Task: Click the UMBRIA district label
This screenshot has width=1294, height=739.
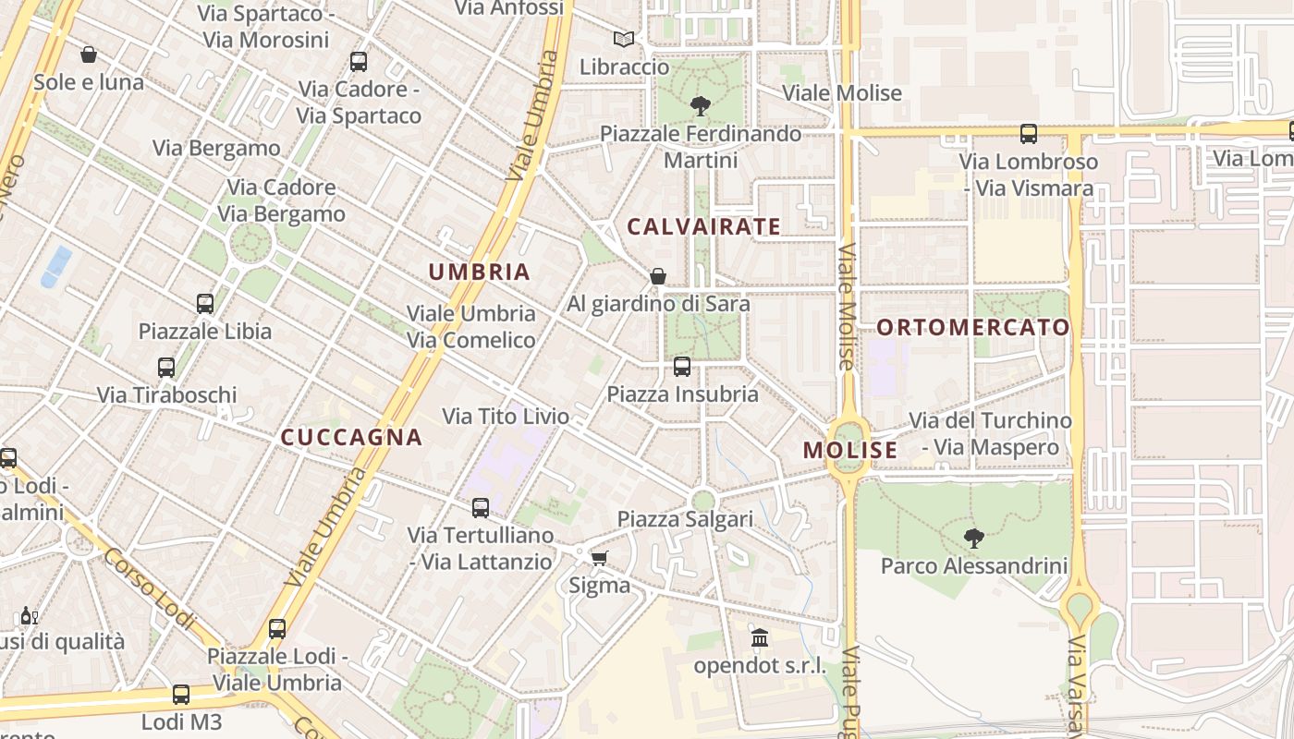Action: coord(479,272)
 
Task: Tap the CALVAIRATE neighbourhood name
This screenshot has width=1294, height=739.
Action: coord(704,226)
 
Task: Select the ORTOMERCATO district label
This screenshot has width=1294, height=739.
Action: coord(972,327)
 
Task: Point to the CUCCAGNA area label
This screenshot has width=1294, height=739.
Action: coord(351,437)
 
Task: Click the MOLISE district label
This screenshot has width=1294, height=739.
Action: coord(850,450)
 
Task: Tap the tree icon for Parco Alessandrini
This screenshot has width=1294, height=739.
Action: coord(973,538)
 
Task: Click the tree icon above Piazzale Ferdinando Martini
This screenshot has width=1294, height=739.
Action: coord(701,106)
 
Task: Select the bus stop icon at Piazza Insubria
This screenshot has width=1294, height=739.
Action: coord(682,367)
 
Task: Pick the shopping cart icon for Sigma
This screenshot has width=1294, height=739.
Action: coord(600,558)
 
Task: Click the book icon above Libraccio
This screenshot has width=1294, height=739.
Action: coord(624,40)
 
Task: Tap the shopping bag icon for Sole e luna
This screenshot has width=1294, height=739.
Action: coord(89,55)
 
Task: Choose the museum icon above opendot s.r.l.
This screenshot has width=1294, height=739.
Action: coord(760,637)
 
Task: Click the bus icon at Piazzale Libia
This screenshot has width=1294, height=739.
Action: coord(205,303)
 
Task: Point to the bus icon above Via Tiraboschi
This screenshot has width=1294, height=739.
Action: coord(166,368)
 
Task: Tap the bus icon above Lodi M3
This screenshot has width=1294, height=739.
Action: coord(181,695)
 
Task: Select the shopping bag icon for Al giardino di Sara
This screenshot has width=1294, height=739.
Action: coord(658,276)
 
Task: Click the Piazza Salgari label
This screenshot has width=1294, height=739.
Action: coord(685,519)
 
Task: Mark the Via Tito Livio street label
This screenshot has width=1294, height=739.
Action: coord(506,417)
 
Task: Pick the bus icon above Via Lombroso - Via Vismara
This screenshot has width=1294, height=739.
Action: coord(1029,134)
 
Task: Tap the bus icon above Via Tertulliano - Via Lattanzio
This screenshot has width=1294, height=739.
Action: coord(481,507)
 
